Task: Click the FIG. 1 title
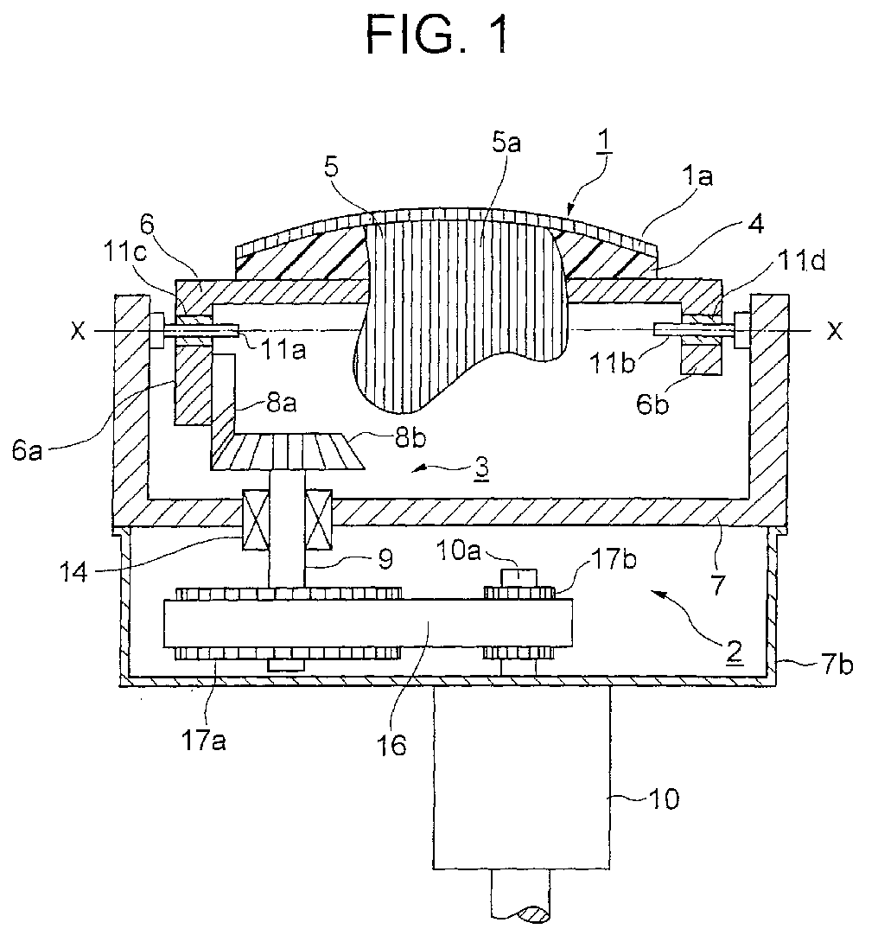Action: (438, 35)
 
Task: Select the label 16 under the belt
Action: (391, 745)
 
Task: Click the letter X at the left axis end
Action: (78, 332)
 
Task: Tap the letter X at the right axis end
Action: (835, 332)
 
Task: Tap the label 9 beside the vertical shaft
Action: (385, 559)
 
